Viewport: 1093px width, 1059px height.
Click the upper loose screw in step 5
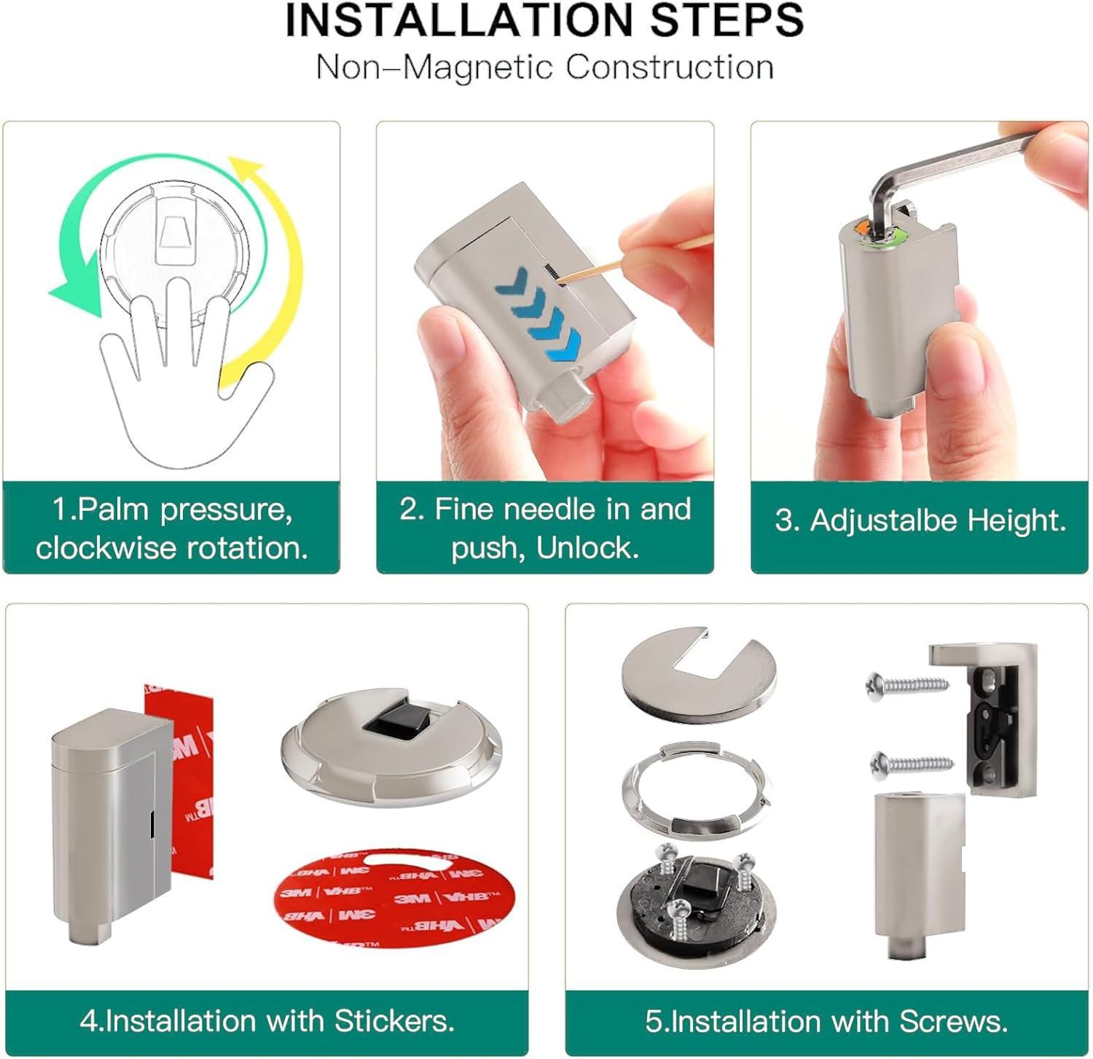click(907, 684)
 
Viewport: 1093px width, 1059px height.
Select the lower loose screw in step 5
click(912, 764)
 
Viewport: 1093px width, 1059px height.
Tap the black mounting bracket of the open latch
click(995, 729)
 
